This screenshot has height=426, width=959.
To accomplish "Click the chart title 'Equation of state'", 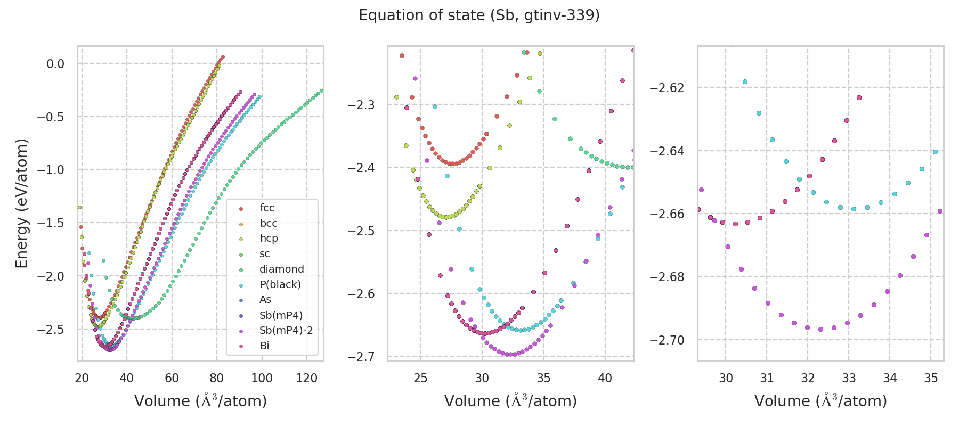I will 479,15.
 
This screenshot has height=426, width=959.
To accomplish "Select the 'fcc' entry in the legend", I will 267,208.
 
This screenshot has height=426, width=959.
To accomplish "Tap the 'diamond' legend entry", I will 281,269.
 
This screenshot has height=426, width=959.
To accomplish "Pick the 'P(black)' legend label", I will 280,285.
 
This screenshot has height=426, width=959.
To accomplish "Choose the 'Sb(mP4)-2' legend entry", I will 286,331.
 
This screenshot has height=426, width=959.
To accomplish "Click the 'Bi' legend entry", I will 264,346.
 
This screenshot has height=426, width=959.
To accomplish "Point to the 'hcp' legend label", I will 269,239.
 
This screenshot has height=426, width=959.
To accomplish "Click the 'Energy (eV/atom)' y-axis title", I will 21,203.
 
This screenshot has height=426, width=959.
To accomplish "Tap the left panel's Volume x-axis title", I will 200,401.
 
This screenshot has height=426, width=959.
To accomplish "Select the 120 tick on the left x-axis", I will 307,378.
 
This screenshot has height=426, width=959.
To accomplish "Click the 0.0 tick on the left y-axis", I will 55,64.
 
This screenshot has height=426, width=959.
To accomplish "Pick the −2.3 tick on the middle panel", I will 361,105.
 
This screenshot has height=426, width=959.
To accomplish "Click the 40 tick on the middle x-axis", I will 605,378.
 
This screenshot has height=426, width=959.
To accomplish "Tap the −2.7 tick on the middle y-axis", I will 361,356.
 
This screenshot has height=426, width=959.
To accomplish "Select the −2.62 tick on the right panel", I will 667,88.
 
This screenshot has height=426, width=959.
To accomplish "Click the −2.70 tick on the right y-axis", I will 667,340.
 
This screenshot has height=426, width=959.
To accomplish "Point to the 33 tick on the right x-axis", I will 849,378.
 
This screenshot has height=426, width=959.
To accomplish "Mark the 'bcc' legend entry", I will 269,224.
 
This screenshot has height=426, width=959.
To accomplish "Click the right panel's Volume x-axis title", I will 820,401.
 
